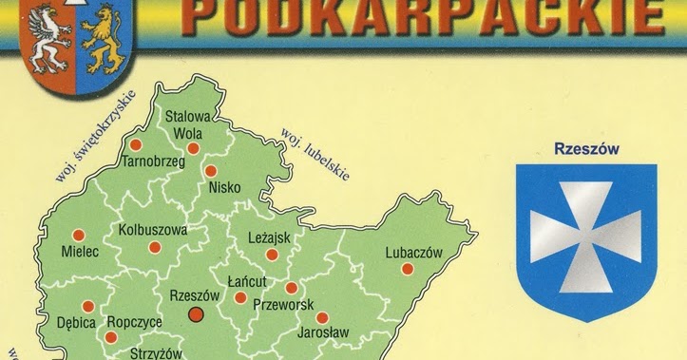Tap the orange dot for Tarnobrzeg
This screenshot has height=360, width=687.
tap(135, 145)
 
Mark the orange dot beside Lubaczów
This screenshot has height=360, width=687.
tap(408, 269)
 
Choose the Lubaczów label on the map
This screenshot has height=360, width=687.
tap(414, 252)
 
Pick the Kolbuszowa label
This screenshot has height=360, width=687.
tap(153, 230)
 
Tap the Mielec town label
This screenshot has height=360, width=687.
tap(79, 255)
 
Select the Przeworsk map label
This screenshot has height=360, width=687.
tap(283, 306)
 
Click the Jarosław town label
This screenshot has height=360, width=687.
tap(322, 332)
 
